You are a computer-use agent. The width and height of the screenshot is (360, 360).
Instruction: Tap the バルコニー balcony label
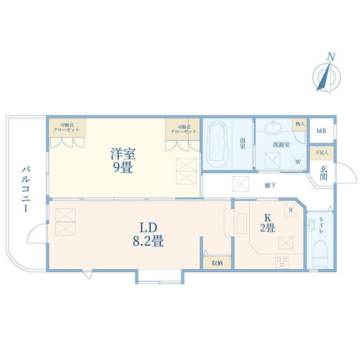tap(26, 188)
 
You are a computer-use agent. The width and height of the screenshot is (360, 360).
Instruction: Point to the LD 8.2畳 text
tap(147, 235)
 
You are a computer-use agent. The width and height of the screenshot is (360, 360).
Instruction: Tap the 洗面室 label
tap(281, 145)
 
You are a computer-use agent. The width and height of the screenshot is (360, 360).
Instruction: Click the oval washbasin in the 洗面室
tap(276, 127)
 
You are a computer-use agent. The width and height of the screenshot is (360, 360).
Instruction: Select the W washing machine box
tap(297, 162)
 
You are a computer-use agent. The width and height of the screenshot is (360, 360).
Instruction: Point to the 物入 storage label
tap(299, 123)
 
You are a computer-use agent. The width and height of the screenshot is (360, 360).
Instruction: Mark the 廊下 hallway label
tap(269, 184)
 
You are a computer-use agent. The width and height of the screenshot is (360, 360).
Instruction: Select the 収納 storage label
tap(217, 263)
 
